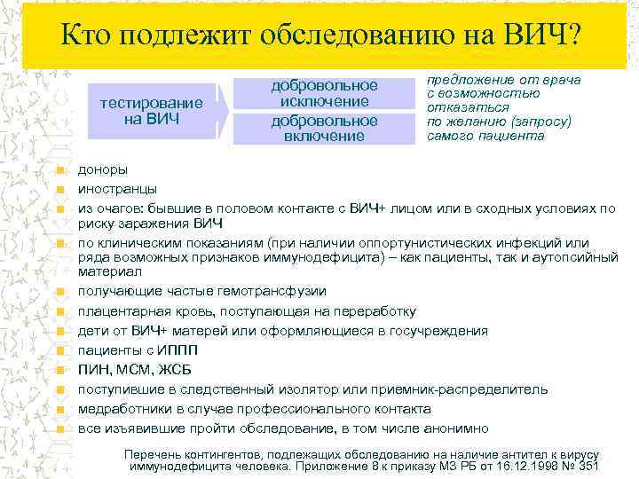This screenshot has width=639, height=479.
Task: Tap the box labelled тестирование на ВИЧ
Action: click(x=151, y=111)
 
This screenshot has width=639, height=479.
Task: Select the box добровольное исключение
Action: click(x=324, y=94)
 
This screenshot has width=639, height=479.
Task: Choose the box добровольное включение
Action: click(x=324, y=128)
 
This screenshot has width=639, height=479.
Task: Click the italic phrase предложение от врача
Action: click(x=503, y=80)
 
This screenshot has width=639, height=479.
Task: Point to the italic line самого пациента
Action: click(x=485, y=136)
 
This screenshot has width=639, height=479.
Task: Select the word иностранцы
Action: click(x=117, y=188)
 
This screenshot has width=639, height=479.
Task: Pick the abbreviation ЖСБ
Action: click(x=174, y=370)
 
